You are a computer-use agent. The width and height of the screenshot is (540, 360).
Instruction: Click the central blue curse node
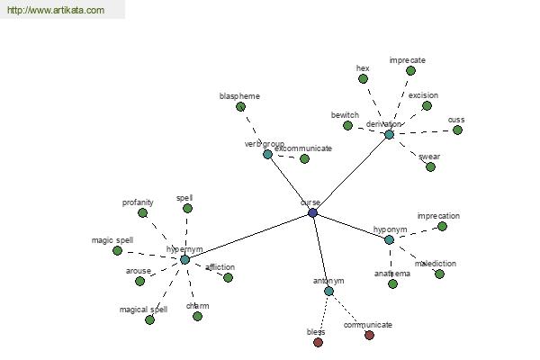(312, 212)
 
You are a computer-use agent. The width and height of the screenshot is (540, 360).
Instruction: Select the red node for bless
(318, 342)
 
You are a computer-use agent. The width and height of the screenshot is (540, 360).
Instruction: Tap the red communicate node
(369, 335)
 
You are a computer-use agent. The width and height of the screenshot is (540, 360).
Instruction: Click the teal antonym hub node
(328, 291)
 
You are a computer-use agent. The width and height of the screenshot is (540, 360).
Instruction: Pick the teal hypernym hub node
(184, 259)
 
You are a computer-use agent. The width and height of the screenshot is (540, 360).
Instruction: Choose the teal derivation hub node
(389, 134)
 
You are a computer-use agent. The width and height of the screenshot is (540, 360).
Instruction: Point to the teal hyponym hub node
(389, 239)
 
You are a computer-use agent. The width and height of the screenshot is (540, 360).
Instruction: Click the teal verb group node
(267, 154)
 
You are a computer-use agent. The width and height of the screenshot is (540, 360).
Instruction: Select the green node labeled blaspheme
(240, 106)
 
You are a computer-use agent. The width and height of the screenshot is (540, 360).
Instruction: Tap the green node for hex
(363, 78)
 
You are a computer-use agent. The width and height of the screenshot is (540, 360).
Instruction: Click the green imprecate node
(410, 70)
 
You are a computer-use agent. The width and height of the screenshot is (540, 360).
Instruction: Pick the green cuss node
(457, 130)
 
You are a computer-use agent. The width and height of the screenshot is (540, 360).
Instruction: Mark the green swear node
(430, 166)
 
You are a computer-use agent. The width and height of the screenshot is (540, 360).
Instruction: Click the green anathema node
(392, 283)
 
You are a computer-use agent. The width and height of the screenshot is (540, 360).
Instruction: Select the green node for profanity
(142, 212)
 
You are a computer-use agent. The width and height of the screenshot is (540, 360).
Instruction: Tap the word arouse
(138, 270)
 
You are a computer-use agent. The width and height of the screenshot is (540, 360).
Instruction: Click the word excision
(423, 94)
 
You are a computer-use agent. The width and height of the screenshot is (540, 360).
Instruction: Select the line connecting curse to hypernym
(248, 236)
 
